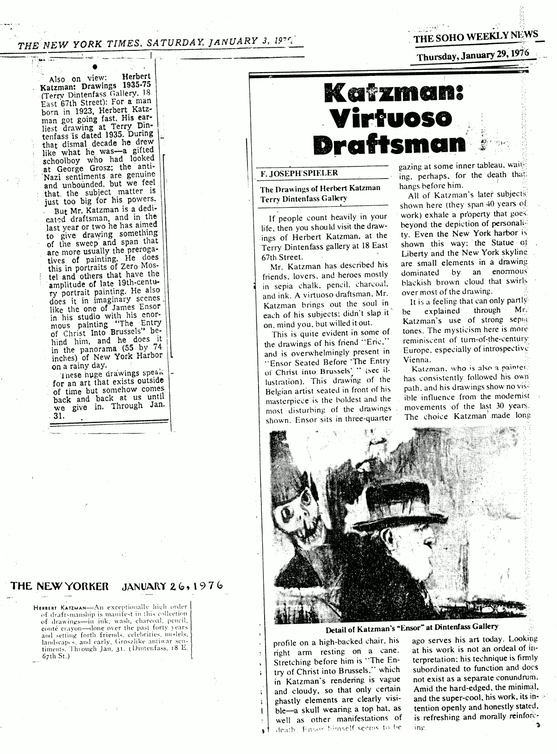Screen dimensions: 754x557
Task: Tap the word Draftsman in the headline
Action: point(389,145)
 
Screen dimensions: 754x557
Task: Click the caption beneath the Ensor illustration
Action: point(412,627)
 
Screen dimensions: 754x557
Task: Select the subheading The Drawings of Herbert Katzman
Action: point(320,188)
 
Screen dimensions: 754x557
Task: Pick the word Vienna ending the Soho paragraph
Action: point(414,359)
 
